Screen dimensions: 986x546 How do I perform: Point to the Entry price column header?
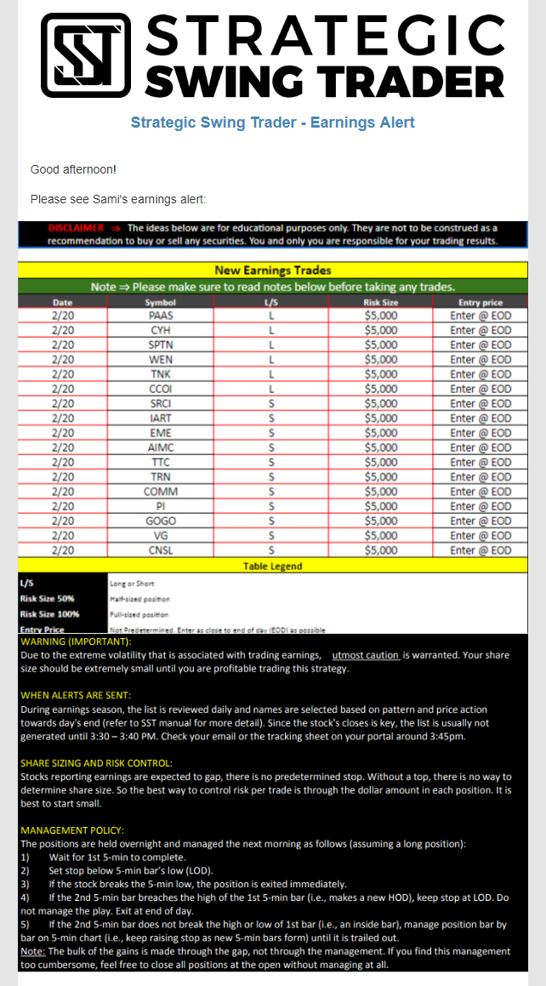point(481,302)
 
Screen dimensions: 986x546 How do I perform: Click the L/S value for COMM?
point(270,492)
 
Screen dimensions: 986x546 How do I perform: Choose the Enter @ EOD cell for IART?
point(481,419)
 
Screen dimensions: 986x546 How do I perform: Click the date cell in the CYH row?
point(63,330)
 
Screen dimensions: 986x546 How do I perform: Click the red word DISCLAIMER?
point(76,228)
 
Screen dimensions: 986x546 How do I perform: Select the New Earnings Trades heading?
point(272,271)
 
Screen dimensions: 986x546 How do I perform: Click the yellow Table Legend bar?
point(272,566)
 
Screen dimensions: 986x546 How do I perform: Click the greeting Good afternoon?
point(72,169)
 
